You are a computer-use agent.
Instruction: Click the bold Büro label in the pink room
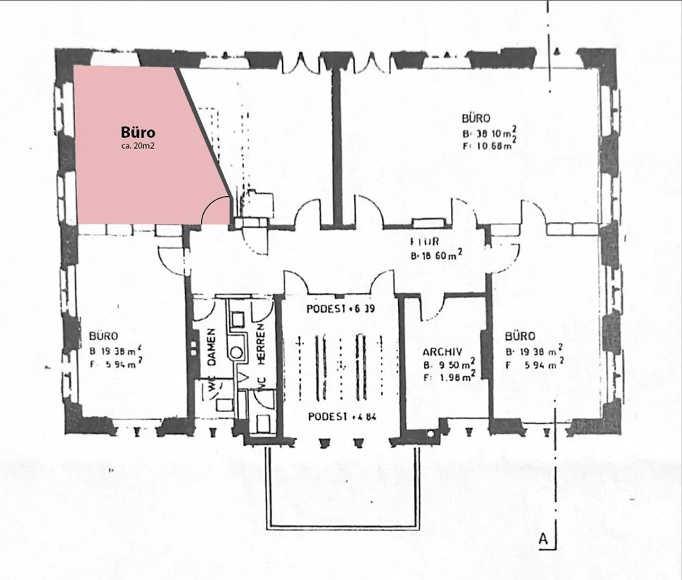pos(138,132)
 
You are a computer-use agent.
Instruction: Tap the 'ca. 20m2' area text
pos(138,146)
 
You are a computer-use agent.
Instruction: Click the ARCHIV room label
pos(442,353)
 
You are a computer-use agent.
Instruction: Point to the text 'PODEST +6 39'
pos(341,309)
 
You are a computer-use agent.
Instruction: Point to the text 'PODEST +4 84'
pos(342,417)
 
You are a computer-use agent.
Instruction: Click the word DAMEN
pos(212,347)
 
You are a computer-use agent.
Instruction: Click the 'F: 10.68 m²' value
pos(488,145)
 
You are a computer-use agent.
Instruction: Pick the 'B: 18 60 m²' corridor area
pos(436,256)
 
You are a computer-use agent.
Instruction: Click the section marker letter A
pos(543,539)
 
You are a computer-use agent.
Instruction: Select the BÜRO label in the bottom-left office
pos(103,336)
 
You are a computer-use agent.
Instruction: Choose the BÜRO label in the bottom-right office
pos(520,336)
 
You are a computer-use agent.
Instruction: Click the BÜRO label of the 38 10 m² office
pos(476,118)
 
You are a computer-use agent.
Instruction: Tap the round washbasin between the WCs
pos(237,353)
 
